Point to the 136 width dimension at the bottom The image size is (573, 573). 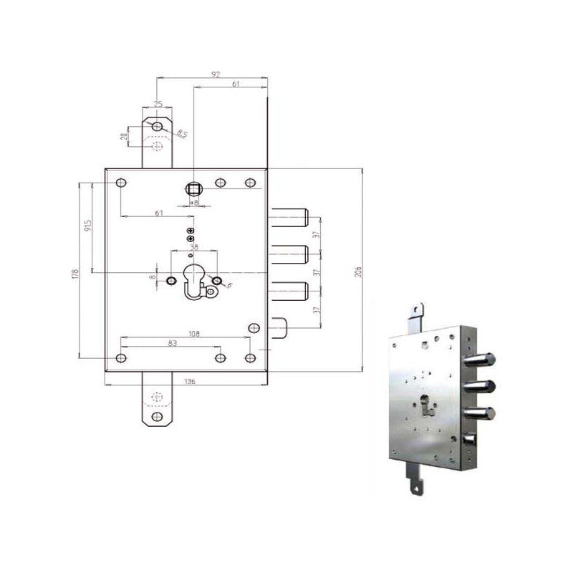191,382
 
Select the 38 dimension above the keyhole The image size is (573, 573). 193,247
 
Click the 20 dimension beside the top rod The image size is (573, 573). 124,135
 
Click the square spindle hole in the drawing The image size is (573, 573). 193,189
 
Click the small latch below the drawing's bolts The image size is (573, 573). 279,328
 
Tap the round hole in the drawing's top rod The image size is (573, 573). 157,127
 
